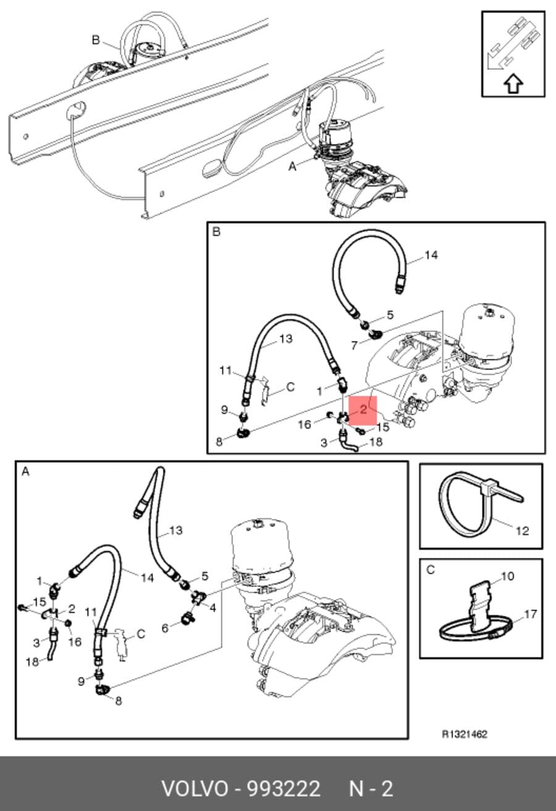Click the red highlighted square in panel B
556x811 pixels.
pos(363,410)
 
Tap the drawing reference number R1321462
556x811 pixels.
pos(465,734)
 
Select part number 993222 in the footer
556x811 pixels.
pos(284,788)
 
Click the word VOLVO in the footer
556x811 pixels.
pos(195,788)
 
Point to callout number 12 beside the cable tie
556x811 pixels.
pos(522,531)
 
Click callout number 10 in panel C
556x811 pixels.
pos(507,576)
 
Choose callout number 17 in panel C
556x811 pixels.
pos(530,614)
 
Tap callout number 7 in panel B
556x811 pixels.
pos(354,346)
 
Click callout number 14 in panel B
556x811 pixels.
pos(431,255)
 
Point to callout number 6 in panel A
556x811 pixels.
pos(165,628)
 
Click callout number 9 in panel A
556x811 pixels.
pos(82,681)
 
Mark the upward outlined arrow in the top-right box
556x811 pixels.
pos(513,84)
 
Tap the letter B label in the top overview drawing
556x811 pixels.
pos(96,40)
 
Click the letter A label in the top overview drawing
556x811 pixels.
pos(292,167)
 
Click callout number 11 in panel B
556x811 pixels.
pos(225,371)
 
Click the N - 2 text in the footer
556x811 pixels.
pos(371,788)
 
